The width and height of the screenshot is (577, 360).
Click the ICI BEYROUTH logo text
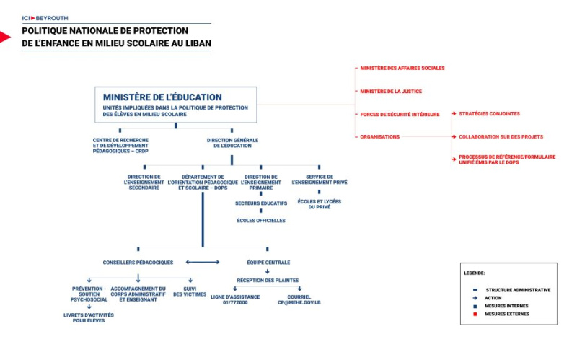coord(45,18)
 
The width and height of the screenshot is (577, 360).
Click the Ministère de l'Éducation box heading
coord(162,97)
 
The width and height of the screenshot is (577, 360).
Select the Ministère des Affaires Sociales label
coord(402,68)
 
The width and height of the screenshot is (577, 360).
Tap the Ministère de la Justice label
coord(391,92)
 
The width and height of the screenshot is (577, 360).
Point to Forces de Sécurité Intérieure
coord(400,115)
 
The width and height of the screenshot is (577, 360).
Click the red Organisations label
coord(379,136)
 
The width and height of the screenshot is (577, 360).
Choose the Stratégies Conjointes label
coord(489,114)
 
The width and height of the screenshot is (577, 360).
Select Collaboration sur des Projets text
coord(501,136)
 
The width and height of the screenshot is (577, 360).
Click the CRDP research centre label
coord(120,146)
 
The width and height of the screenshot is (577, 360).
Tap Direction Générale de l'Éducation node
coord(232,143)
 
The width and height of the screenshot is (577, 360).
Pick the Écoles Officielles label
coord(261,221)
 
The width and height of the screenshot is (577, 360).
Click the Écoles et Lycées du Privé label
coord(319,204)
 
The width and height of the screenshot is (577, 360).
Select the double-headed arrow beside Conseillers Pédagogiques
coord(203,262)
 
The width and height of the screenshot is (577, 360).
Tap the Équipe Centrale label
coord(268,263)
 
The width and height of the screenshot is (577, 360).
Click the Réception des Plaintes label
coord(268,280)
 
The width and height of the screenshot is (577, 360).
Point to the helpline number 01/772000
coord(235,302)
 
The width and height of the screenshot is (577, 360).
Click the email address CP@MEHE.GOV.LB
coord(299,302)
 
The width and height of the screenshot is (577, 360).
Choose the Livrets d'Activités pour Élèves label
coord(89,317)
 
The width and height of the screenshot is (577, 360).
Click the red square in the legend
coord(475,314)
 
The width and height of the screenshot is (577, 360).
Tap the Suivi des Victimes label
coord(190,291)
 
